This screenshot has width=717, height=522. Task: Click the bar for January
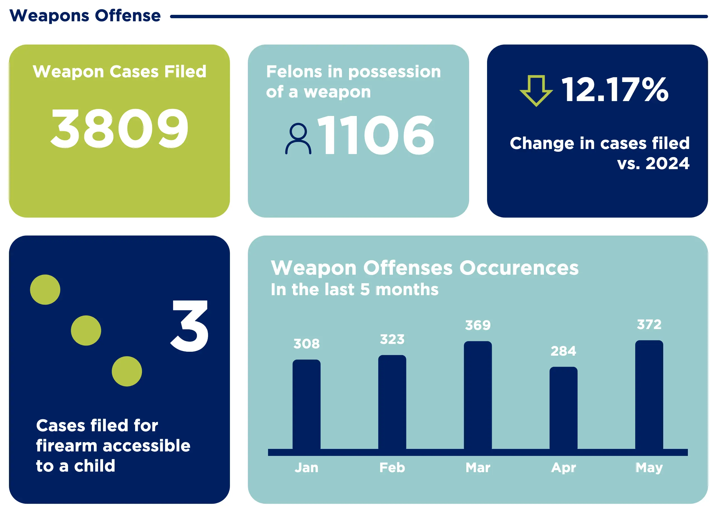point(306,404)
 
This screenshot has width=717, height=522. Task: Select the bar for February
point(392,402)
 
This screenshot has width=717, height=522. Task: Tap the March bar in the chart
point(478,395)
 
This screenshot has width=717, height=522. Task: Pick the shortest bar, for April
point(563,408)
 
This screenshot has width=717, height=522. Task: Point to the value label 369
point(478,325)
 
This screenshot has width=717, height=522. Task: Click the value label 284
point(563,351)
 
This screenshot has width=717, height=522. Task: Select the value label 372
point(649,324)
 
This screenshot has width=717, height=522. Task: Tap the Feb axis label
point(392,468)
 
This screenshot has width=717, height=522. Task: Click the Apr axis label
point(563,468)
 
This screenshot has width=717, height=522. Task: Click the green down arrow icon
point(536,90)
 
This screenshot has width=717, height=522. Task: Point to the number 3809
point(120,128)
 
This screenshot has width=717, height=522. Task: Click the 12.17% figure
point(614,90)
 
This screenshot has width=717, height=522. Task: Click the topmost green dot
point(45,290)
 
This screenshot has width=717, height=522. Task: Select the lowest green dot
point(127,372)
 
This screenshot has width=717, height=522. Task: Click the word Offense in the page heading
point(128,16)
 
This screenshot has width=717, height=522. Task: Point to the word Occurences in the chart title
point(519,268)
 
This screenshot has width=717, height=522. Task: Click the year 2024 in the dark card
point(667,164)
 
